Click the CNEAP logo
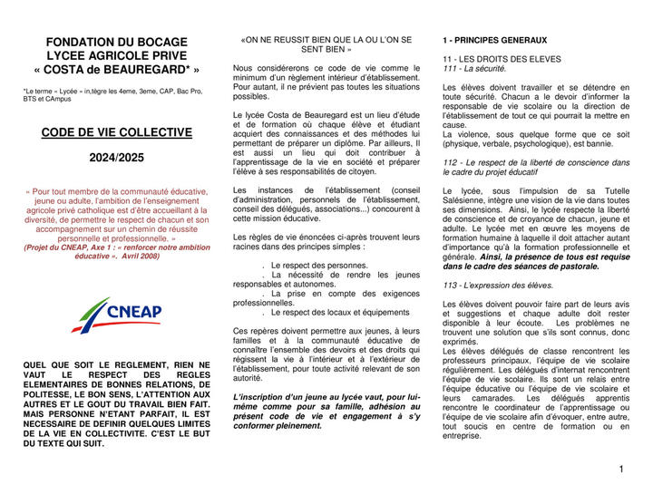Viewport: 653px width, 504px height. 118,314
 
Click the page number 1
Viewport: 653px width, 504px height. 623,470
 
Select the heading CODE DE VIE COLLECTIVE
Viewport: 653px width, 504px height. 117,132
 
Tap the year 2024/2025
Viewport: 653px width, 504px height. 116,158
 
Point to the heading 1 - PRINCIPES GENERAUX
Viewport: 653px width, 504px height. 495,41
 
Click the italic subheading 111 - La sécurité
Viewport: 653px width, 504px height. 474,69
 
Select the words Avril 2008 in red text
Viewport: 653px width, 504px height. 139,257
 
